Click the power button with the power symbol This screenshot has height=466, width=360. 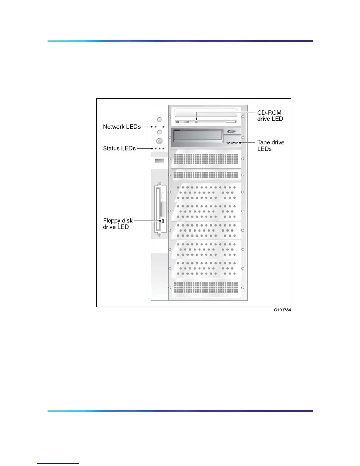coord(159,141)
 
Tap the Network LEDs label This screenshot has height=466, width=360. coord(121,127)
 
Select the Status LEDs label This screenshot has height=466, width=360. coord(119,148)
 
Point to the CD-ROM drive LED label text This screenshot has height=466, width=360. coord(270,116)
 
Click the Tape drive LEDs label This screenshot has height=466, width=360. coord(271,145)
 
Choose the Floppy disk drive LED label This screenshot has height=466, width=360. coord(117,224)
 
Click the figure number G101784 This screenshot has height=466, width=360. coord(282,310)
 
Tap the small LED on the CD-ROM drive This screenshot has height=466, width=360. coord(196,122)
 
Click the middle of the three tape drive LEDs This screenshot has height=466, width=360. coord(232,143)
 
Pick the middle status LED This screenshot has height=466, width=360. coord(159,149)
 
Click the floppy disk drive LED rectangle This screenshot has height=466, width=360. coord(163,221)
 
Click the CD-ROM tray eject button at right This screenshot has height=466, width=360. coord(231,122)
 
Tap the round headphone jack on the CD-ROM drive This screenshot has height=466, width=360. coord(177,122)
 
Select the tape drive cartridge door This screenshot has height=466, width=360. coord(198,136)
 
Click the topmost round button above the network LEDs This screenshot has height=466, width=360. coord(159,119)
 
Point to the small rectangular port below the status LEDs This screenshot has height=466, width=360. coord(159,161)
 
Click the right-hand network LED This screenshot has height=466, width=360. coord(163,127)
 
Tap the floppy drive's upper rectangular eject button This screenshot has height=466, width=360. coord(163,196)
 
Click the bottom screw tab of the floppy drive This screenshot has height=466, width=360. coord(159,234)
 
